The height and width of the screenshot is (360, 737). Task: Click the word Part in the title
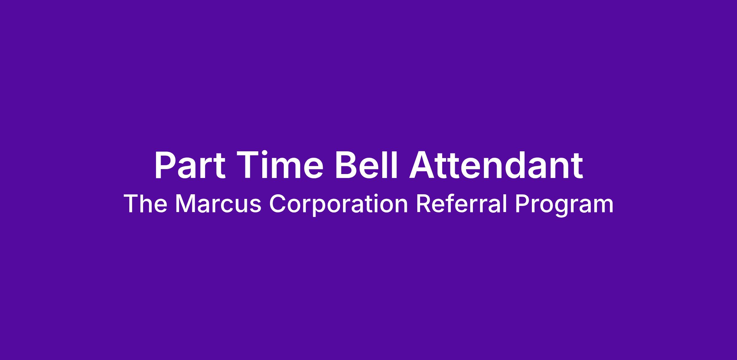tap(190, 165)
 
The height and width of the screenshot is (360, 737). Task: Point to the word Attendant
tap(495, 165)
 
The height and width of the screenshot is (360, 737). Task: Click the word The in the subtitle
tap(146, 204)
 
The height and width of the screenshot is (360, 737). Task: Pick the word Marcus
tap(218, 204)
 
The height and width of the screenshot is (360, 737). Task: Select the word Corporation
tap(338, 205)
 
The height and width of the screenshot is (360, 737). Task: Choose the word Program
tap(564, 205)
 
